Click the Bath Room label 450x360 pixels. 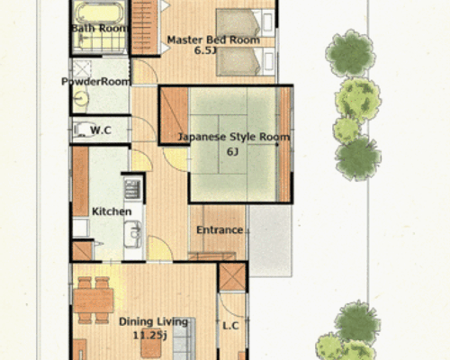(99, 28)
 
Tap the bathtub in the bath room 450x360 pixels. (99, 13)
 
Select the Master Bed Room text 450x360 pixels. (213, 40)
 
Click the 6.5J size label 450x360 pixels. (205, 50)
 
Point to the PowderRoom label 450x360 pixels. (96, 82)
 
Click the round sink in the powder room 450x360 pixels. (81, 98)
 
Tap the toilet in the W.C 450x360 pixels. (83, 130)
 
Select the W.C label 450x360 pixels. (101, 130)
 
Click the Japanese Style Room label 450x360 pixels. (234, 137)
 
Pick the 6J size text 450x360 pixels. (232, 152)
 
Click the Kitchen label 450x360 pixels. (112, 211)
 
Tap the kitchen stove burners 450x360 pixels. (132, 189)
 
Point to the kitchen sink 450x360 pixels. (132, 234)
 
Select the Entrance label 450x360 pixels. (220, 230)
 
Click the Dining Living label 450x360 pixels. (153, 321)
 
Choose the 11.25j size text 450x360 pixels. (149, 335)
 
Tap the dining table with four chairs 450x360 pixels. (94, 301)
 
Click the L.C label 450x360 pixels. (230, 326)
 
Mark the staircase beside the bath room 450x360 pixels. (144, 28)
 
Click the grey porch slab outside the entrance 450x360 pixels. (270, 240)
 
